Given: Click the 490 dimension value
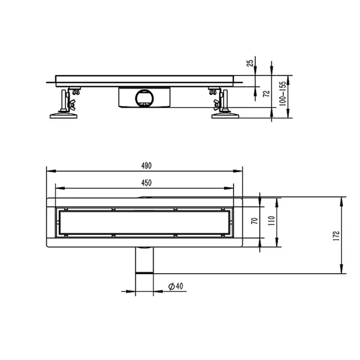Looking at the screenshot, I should pos(146,165).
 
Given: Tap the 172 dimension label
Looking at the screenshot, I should pos(335,235).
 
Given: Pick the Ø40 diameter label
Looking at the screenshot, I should pos(176,286).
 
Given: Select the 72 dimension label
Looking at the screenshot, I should pos(266,93).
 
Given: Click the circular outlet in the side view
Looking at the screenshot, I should pos(143,97).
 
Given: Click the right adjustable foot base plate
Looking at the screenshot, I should pos(226,115).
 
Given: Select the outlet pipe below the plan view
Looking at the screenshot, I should pos(145,261).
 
